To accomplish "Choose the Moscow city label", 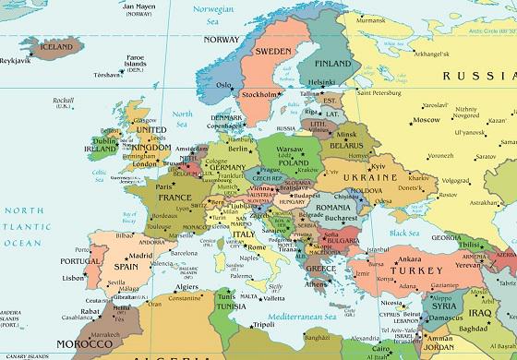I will click(x=427, y=120).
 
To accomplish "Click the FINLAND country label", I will click(x=332, y=64).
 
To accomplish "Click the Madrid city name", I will click(x=140, y=256).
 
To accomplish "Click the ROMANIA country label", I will click(x=332, y=208).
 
